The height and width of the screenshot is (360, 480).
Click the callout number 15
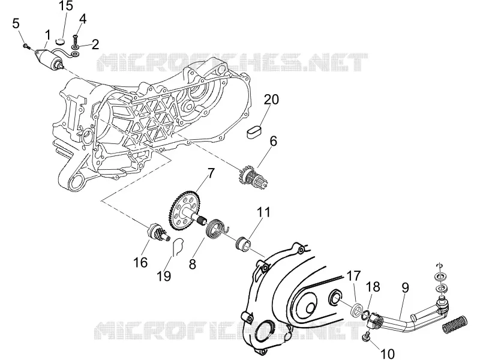(x=66, y=5)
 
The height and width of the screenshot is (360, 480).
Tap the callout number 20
(x=272, y=100)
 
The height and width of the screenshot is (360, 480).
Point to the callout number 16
(x=140, y=262)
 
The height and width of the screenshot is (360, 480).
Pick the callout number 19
(x=164, y=276)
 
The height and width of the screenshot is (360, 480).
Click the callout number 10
(x=387, y=353)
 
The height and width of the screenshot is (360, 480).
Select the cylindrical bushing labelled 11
(x=243, y=242)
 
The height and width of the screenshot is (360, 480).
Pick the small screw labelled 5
(x=26, y=47)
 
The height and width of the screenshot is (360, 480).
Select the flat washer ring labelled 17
(x=356, y=310)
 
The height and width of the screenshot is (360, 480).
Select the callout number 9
(x=405, y=288)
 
